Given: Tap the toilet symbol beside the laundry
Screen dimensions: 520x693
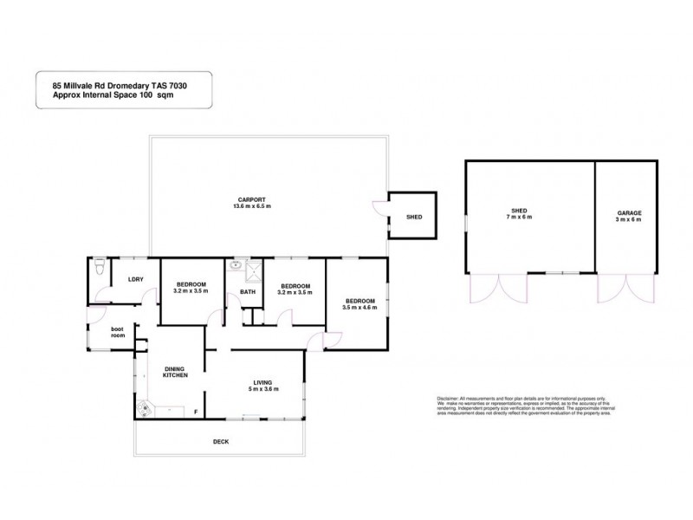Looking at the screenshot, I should click(x=101, y=268).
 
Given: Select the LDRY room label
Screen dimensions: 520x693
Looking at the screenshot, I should click(x=135, y=278).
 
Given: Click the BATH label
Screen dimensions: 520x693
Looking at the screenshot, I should click(x=247, y=292).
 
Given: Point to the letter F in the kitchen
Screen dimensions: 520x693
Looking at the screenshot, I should click(x=196, y=412).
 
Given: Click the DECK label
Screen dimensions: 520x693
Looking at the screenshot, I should click(x=221, y=441).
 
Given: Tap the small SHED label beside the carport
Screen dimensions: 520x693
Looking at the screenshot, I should click(x=414, y=216).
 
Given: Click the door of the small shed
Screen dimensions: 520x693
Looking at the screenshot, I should click(x=379, y=209).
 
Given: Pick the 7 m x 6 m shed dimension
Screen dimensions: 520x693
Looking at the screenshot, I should click(x=519, y=217).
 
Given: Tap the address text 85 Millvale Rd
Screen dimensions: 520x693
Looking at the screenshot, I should click(x=74, y=86).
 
